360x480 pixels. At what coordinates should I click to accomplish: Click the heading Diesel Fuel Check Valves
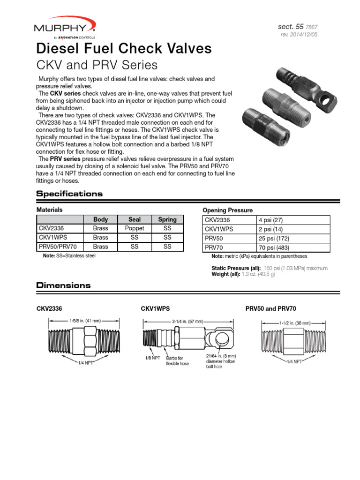pos(124,48)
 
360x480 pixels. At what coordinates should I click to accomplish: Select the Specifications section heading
pos(69,194)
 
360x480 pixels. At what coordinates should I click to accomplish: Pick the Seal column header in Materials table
pos(134,219)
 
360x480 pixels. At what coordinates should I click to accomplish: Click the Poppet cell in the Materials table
pos(134,228)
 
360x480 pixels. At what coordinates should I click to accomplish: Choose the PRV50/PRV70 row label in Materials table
pos(58,247)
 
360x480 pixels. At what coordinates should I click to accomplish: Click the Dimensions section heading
pos(63,285)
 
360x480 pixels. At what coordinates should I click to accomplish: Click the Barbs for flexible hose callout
pos(178,360)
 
